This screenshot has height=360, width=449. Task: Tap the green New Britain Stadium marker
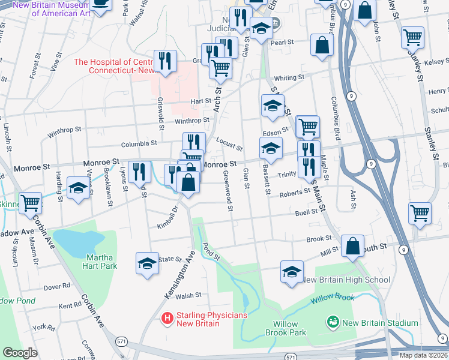(x=332, y=323)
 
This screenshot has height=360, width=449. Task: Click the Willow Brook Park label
(x=286, y=328)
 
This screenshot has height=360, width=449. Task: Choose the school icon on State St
(x=147, y=262)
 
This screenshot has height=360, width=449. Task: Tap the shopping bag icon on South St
(x=353, y=245)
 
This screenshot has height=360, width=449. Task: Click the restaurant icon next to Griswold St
(x=164, y=61)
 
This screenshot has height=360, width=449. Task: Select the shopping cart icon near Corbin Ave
(x=29, y=202)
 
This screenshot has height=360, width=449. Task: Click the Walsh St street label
(x=188, y=295)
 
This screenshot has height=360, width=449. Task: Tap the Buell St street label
(x=306, y=212)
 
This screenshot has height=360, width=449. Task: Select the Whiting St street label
(x=289, y=78)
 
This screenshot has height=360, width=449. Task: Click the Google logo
(x=20, y=353)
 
